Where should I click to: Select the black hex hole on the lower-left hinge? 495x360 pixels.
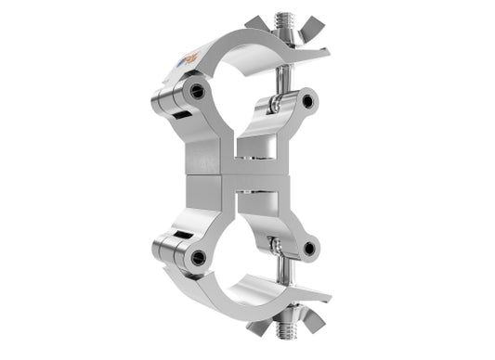pyautogui.click(x=197, y=257)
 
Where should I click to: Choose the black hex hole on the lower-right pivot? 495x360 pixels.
pyautogui.click(x=306, y=248)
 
